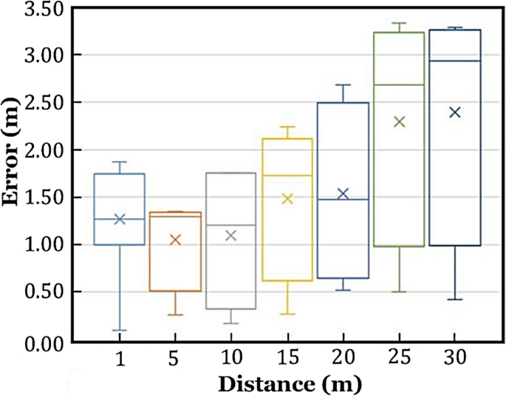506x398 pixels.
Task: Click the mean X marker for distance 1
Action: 119,219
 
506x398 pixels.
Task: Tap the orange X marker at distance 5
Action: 175,240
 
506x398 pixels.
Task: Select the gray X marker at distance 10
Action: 230,235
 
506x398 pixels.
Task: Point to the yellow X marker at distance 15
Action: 287,198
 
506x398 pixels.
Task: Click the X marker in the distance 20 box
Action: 343,194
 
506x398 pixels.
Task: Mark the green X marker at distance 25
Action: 400,122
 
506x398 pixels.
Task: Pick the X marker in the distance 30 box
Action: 455,112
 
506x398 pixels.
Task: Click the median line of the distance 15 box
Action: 287,175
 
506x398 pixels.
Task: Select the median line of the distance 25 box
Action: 400,85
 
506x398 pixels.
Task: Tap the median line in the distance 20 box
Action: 343,200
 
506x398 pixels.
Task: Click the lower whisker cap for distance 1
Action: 119,330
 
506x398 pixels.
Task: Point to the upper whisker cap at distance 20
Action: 343,85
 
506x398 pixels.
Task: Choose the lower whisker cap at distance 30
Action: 455,300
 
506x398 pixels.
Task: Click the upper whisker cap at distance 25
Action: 400,23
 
